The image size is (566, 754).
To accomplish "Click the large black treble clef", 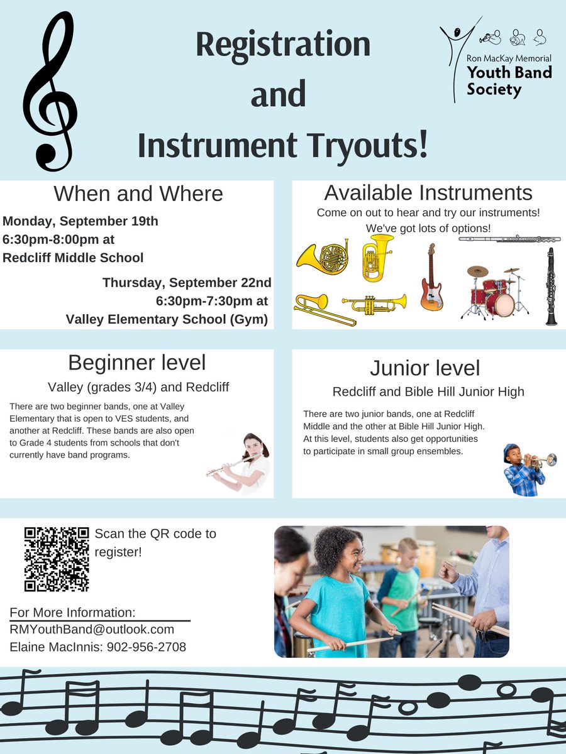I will [x=49, y=94].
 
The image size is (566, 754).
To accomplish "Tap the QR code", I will [x=57, y=559].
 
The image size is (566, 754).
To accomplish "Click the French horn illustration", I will [x=322, y=257].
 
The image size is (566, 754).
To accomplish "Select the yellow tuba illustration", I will [x=377, y=257].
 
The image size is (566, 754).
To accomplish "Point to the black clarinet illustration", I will [x=551, y=286].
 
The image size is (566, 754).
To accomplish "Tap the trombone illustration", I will [x=324, y=309].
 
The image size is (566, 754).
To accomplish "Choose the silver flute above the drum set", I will [x=509, y=239].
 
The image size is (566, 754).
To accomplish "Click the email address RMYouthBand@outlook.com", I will [x=92, y=630].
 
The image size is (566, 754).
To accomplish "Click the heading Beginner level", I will [x=136, y=363].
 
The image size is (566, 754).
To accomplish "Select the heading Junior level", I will [x=425, y=368].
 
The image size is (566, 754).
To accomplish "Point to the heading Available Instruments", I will [x=428, y=193].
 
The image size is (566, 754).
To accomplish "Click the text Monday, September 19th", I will [x=80, y=221].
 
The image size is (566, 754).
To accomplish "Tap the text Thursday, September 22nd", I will [x=187, y=283].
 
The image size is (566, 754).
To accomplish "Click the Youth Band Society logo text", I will [x=509, y=80].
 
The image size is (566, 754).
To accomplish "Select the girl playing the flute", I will [x=248, y=464].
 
